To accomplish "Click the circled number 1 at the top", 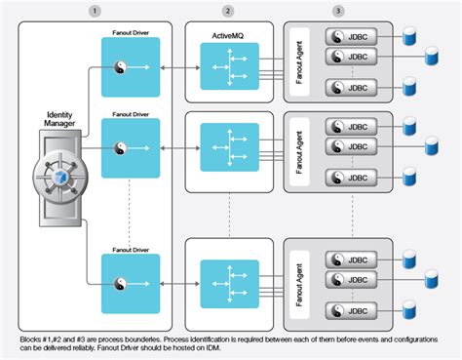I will tap(94, 10).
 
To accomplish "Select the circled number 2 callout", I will tap(227, 10).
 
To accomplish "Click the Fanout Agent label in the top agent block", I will tap(302, 60).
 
